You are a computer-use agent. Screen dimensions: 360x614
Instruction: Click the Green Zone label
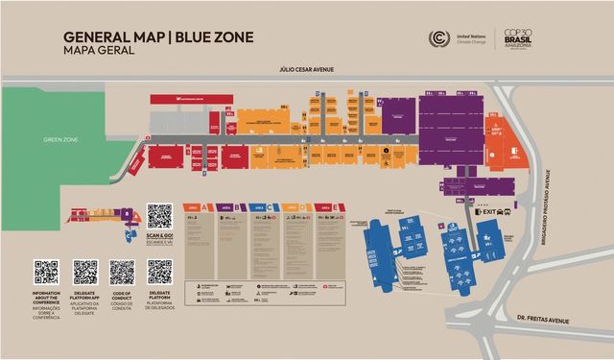(60, 139)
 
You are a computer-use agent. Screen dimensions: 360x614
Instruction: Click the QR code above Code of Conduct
(121, 272)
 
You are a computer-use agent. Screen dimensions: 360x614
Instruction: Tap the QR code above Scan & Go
(159, 216)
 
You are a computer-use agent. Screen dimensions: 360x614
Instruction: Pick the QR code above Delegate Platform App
(85, 272)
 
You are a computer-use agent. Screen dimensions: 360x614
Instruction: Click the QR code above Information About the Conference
(46, 272)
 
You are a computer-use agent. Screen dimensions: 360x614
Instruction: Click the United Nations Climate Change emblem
(439, 39)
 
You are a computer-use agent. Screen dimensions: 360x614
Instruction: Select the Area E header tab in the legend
(326, 206)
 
